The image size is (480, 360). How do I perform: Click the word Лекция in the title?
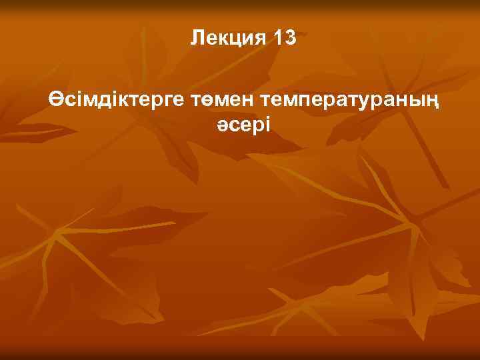tap(227, 38)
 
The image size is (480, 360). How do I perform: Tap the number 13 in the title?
tap(285, 38)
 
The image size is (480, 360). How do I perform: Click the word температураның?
tap(353, 101)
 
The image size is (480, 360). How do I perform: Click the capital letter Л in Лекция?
tap(197, 38)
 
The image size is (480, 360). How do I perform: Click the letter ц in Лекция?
tap(236, 40)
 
